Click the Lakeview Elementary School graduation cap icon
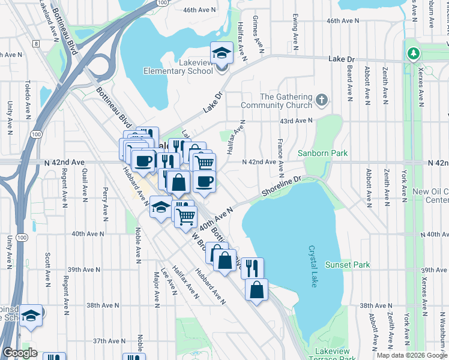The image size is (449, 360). [x=221, y=54]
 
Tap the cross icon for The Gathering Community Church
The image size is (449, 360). [x=322, y=99]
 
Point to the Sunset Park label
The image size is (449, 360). [x=348, y=265]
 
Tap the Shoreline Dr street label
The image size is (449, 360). [x=280, y=186]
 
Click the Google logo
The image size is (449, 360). [x=20, y=353]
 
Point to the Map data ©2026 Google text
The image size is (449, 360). [x=411, y=355]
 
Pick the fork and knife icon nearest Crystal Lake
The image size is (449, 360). [x=252, y=268]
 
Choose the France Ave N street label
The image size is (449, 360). [x=280, y=153]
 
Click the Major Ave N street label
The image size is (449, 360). [x=156, y=287]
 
